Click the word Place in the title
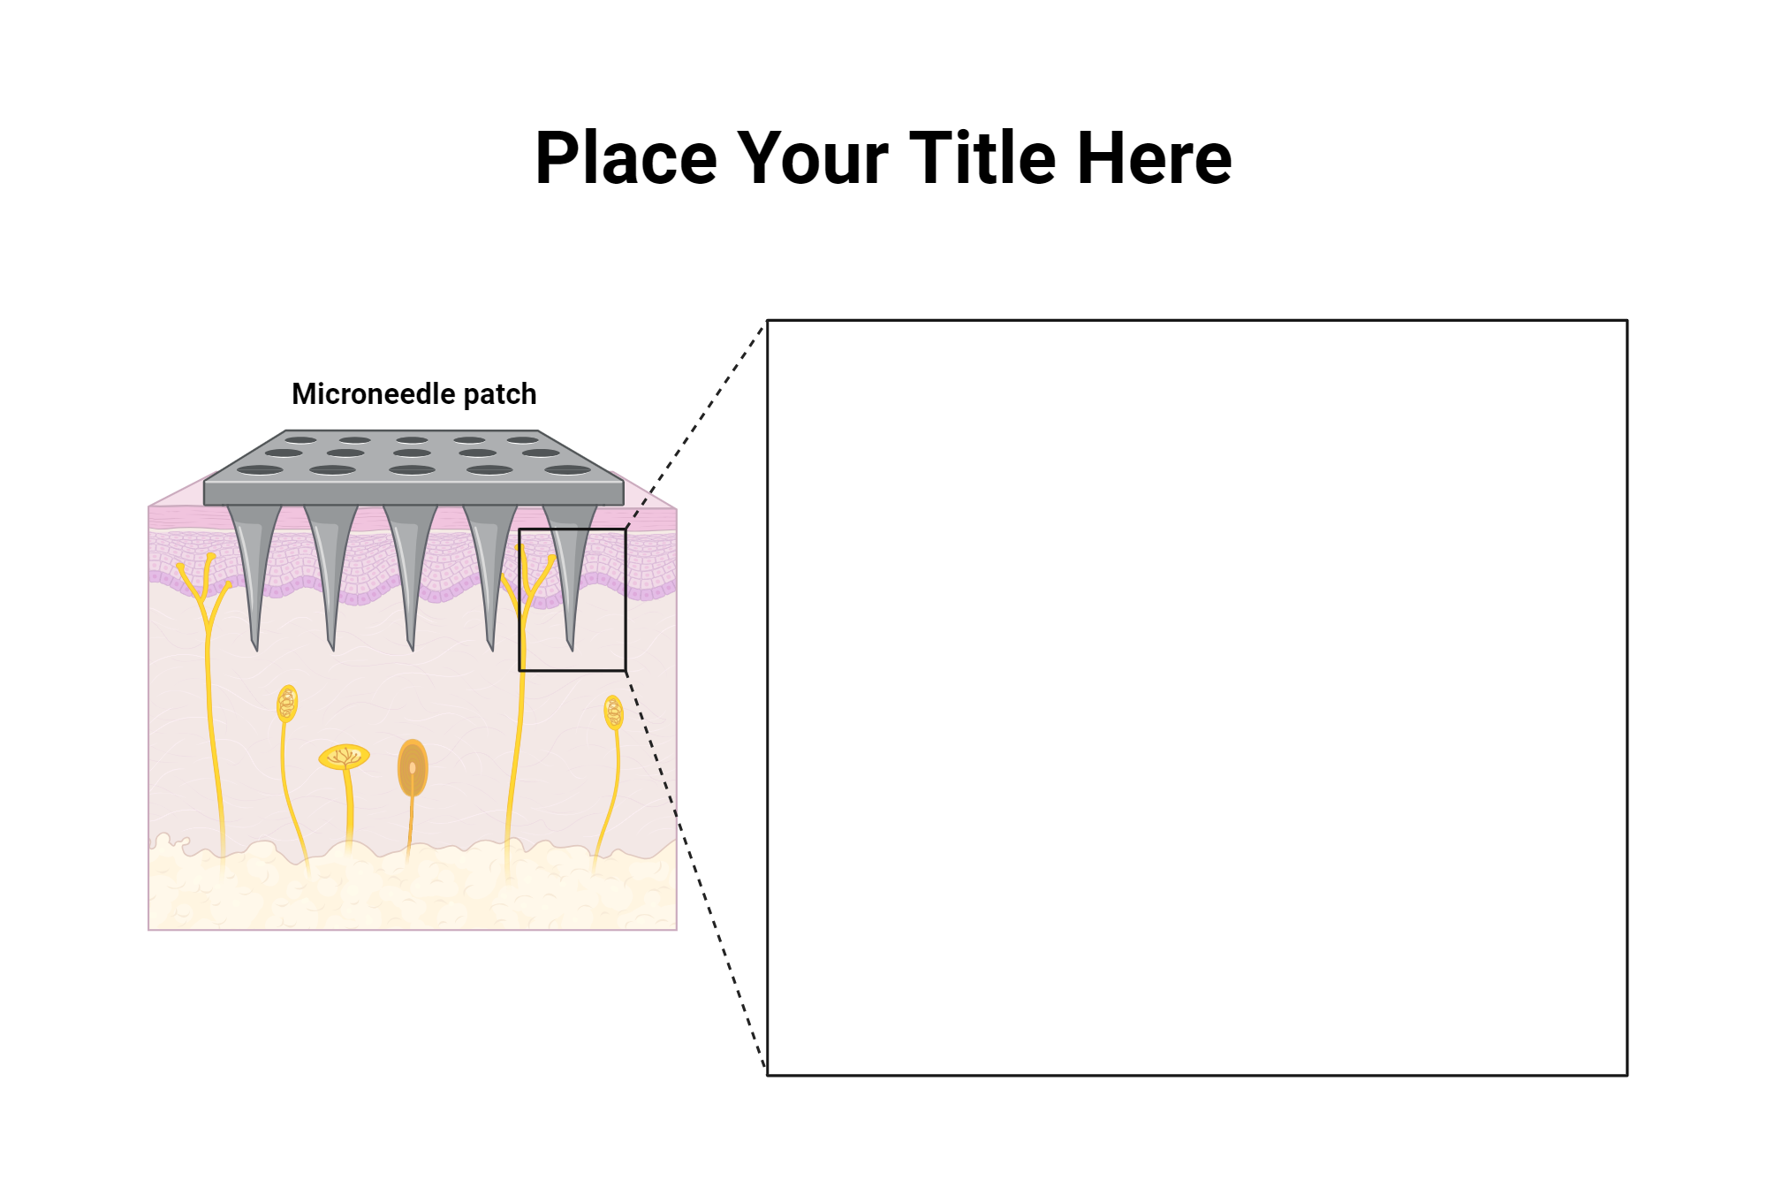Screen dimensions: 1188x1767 click(626, 159)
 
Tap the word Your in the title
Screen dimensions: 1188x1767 click(812, 159)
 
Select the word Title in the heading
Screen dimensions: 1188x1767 click(982, 159)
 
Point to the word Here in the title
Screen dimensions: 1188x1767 click(1154, 159)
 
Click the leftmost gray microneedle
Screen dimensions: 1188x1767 click(254, 566)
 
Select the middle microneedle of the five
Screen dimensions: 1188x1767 click(409, 566)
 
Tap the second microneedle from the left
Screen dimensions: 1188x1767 click(330, 566)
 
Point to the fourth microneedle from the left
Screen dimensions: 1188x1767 click(489, 566)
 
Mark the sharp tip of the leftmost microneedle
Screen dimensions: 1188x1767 click(255, 647)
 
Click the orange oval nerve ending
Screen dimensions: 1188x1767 click(413, 768)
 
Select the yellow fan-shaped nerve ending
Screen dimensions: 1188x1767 click(344, 758)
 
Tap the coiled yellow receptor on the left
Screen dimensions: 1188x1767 click(287, 704)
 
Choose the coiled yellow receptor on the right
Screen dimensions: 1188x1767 click(613, 712)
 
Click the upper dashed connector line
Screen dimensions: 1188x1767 click(695, 425)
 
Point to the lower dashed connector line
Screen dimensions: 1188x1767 click(698, 875)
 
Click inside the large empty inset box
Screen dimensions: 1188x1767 click(1196, 697)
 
